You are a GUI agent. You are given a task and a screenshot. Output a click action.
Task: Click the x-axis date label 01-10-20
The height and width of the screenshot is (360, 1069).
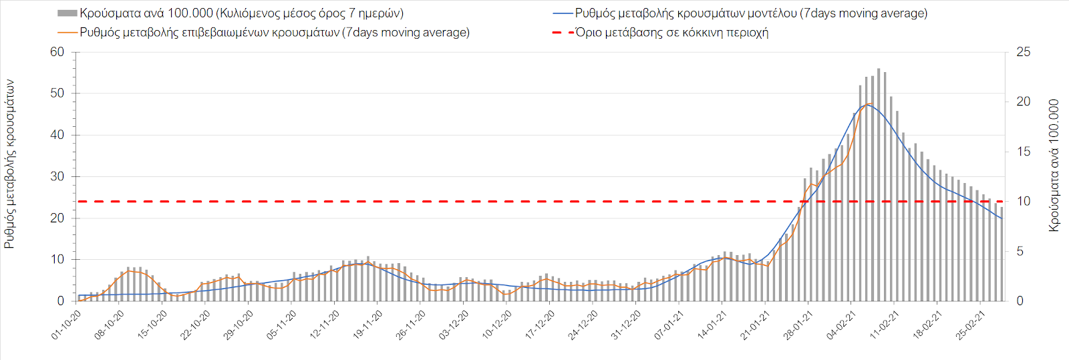pyautogui.click(x=67, y=325)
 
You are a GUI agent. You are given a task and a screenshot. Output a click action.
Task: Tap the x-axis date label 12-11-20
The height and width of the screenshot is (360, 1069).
pyautogui.click(x=325, y=325)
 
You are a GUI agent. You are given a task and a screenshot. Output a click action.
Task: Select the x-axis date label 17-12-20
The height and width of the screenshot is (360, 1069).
pyautogui.click(x=540, y=325)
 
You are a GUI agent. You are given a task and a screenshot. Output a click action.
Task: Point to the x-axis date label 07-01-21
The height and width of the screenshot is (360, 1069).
pyautogui.click(x=669, y=325)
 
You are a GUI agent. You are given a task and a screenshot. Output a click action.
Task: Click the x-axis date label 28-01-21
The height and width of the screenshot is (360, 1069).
pyautogui.click(x=798, y=325)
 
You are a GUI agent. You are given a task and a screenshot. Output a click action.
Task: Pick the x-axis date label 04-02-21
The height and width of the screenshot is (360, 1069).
pyautogui.click(x=841, y=325)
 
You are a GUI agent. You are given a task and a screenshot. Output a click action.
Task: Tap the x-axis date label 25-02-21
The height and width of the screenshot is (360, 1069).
pyautogui.click(x=970, y=325)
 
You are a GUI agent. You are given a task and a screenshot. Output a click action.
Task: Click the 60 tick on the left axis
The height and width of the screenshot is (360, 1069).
pyautogui.click(x=57, y=52)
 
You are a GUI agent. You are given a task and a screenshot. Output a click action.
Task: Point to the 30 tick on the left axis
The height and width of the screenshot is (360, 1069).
pyautogui.click(x=57, y=176)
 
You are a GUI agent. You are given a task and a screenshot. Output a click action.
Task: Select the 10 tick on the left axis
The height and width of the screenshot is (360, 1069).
pyautogui.click(x=57, y=260)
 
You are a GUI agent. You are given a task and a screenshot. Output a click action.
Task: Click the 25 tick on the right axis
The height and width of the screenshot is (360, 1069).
pyautogui.click(x=1023, y=52)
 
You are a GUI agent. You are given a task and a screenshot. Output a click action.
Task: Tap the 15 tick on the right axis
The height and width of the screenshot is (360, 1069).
pyautogui.click(x=1023, y=152)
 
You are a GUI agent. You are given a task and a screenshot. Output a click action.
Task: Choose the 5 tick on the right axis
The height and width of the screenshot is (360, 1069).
pyautogui.click(x=1020, y=251)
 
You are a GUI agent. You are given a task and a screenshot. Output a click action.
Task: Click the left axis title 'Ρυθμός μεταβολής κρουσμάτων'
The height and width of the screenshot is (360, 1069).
pyautogui.click(x=9, y=164)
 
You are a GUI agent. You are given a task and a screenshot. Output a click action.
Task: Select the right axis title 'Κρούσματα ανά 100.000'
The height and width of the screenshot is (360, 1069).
pyautogui.click(x=1054, y=166)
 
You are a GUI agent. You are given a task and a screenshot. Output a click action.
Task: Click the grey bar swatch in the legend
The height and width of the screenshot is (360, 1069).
pyautogui.click(x=67, y=13)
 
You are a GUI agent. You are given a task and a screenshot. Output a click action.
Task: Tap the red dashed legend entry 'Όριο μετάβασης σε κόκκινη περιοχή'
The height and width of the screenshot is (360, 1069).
pyautogui.click(x=671, y=32)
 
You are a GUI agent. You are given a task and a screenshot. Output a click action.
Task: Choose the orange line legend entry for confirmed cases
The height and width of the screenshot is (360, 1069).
pyautogui.click(x=275, y=32)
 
